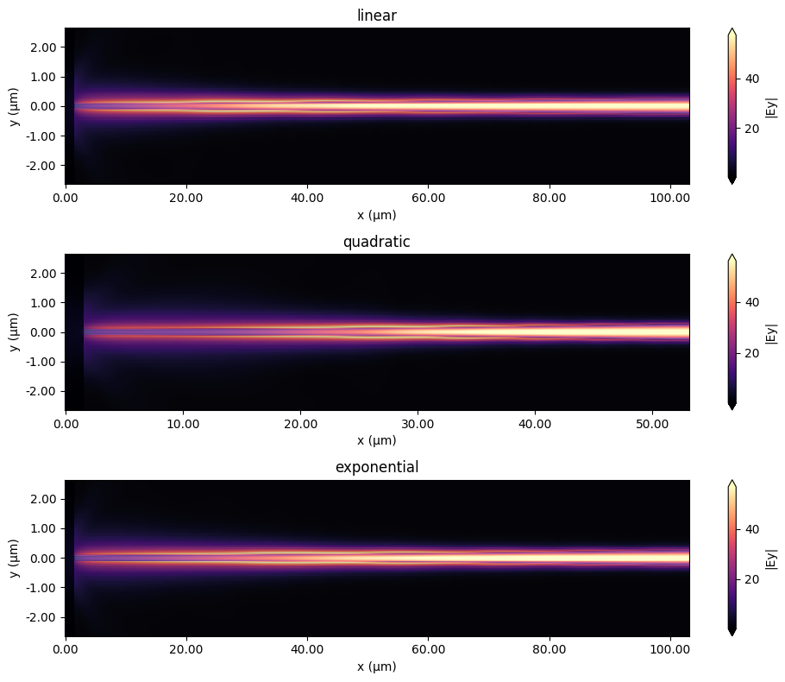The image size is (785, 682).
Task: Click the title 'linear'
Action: (377, 16)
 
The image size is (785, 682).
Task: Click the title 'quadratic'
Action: (377, 242)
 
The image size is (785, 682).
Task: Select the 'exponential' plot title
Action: (377, 467)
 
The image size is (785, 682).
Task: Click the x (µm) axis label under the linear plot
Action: (377, 213)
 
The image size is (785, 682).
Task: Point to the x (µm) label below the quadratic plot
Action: (377, 439)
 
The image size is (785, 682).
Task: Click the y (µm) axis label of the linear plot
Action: (15, 106)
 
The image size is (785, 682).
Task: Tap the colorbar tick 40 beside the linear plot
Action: (753, 79)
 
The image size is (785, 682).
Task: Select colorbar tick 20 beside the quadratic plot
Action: (753, 353)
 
